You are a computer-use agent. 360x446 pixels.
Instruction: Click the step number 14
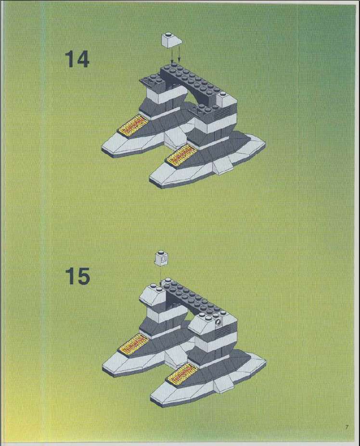coord(77,59)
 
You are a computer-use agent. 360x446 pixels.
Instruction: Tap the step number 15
coord(77,276)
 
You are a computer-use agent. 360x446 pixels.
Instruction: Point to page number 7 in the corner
coord(347,427)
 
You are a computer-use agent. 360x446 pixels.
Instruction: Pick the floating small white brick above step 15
coord(161,258)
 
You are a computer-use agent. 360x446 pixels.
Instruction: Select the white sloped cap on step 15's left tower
coord(152,295)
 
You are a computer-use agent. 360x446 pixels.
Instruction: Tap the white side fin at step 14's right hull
coord(224,166)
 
